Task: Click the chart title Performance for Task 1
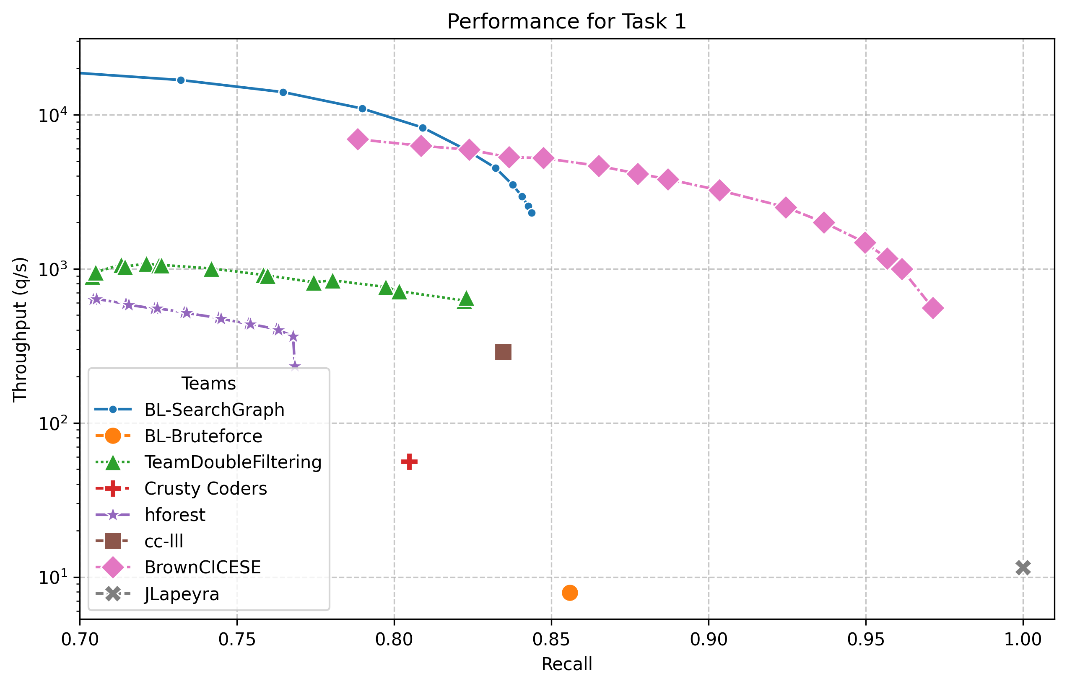point(566,21)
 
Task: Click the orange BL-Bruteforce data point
point(569,593)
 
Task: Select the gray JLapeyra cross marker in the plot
point(1023,567)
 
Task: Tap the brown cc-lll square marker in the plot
point(503,352)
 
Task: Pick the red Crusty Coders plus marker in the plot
point(409,462)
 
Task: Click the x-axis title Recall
point(566,664)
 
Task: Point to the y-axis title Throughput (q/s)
point(20,330)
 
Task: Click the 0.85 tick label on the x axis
point(551,640)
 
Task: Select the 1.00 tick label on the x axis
point(1023,640)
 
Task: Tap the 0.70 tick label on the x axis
point(80,640)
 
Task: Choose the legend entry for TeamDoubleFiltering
point(232,462)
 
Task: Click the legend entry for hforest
point(174,515)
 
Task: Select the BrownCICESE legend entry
point(202,567)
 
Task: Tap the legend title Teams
point(208,384)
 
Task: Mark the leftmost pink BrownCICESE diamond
point(357,139)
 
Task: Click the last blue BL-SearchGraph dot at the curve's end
point(531,213)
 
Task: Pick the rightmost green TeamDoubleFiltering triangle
point(466,299)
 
